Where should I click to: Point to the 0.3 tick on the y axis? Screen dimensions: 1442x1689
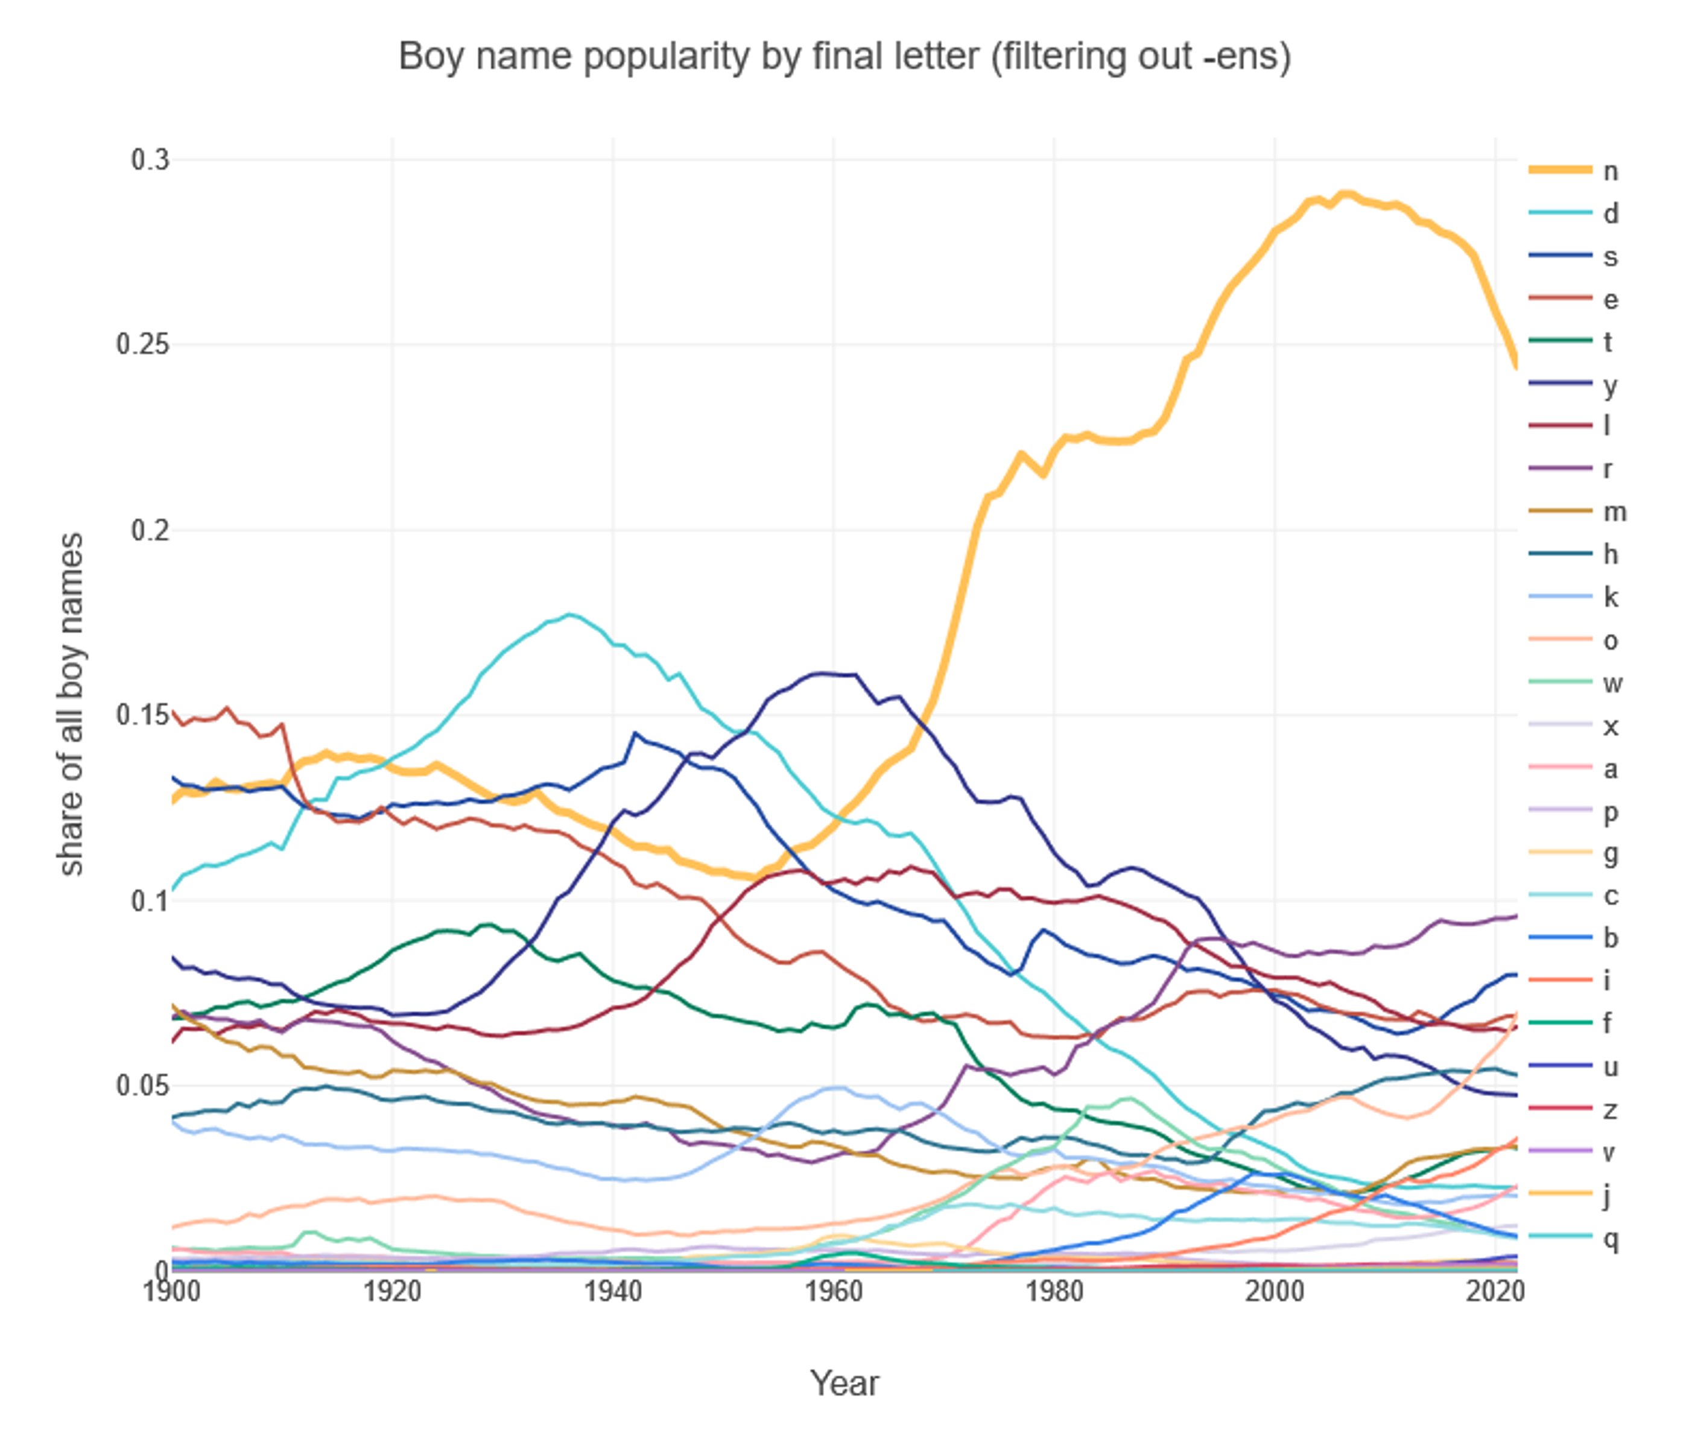[150, 160]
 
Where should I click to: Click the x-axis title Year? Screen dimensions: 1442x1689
[844, 1383]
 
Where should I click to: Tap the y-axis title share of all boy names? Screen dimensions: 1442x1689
[72, 704]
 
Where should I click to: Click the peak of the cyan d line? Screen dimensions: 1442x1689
[569, 615]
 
